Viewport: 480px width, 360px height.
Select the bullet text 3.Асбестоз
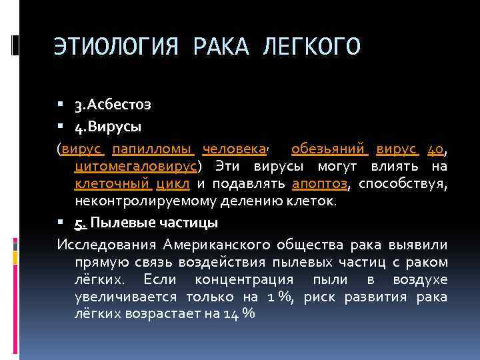point(113,105)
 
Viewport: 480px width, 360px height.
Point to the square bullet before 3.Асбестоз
point(61,105)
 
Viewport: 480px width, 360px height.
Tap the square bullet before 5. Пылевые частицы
point(61,221)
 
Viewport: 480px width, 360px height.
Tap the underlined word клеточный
point(113,183)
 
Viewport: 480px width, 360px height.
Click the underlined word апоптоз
point(319,183)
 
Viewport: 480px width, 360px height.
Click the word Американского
point(208,244)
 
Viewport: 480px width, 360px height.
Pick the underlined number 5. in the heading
point(81,221)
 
